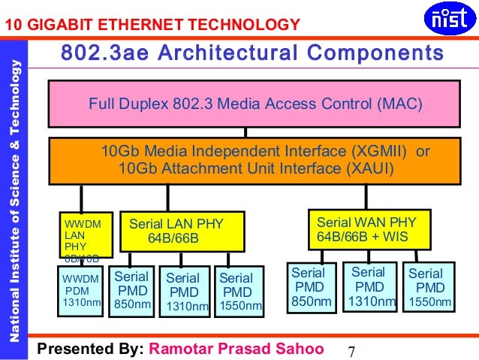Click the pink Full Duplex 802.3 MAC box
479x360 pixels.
tap(255, 103)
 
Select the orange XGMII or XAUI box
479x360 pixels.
tap(255, 160)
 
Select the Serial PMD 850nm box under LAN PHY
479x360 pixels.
tap(131, 290)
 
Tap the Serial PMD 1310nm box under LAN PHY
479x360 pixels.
tap(184, 292)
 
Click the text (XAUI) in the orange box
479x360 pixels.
tap(367, 168)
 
